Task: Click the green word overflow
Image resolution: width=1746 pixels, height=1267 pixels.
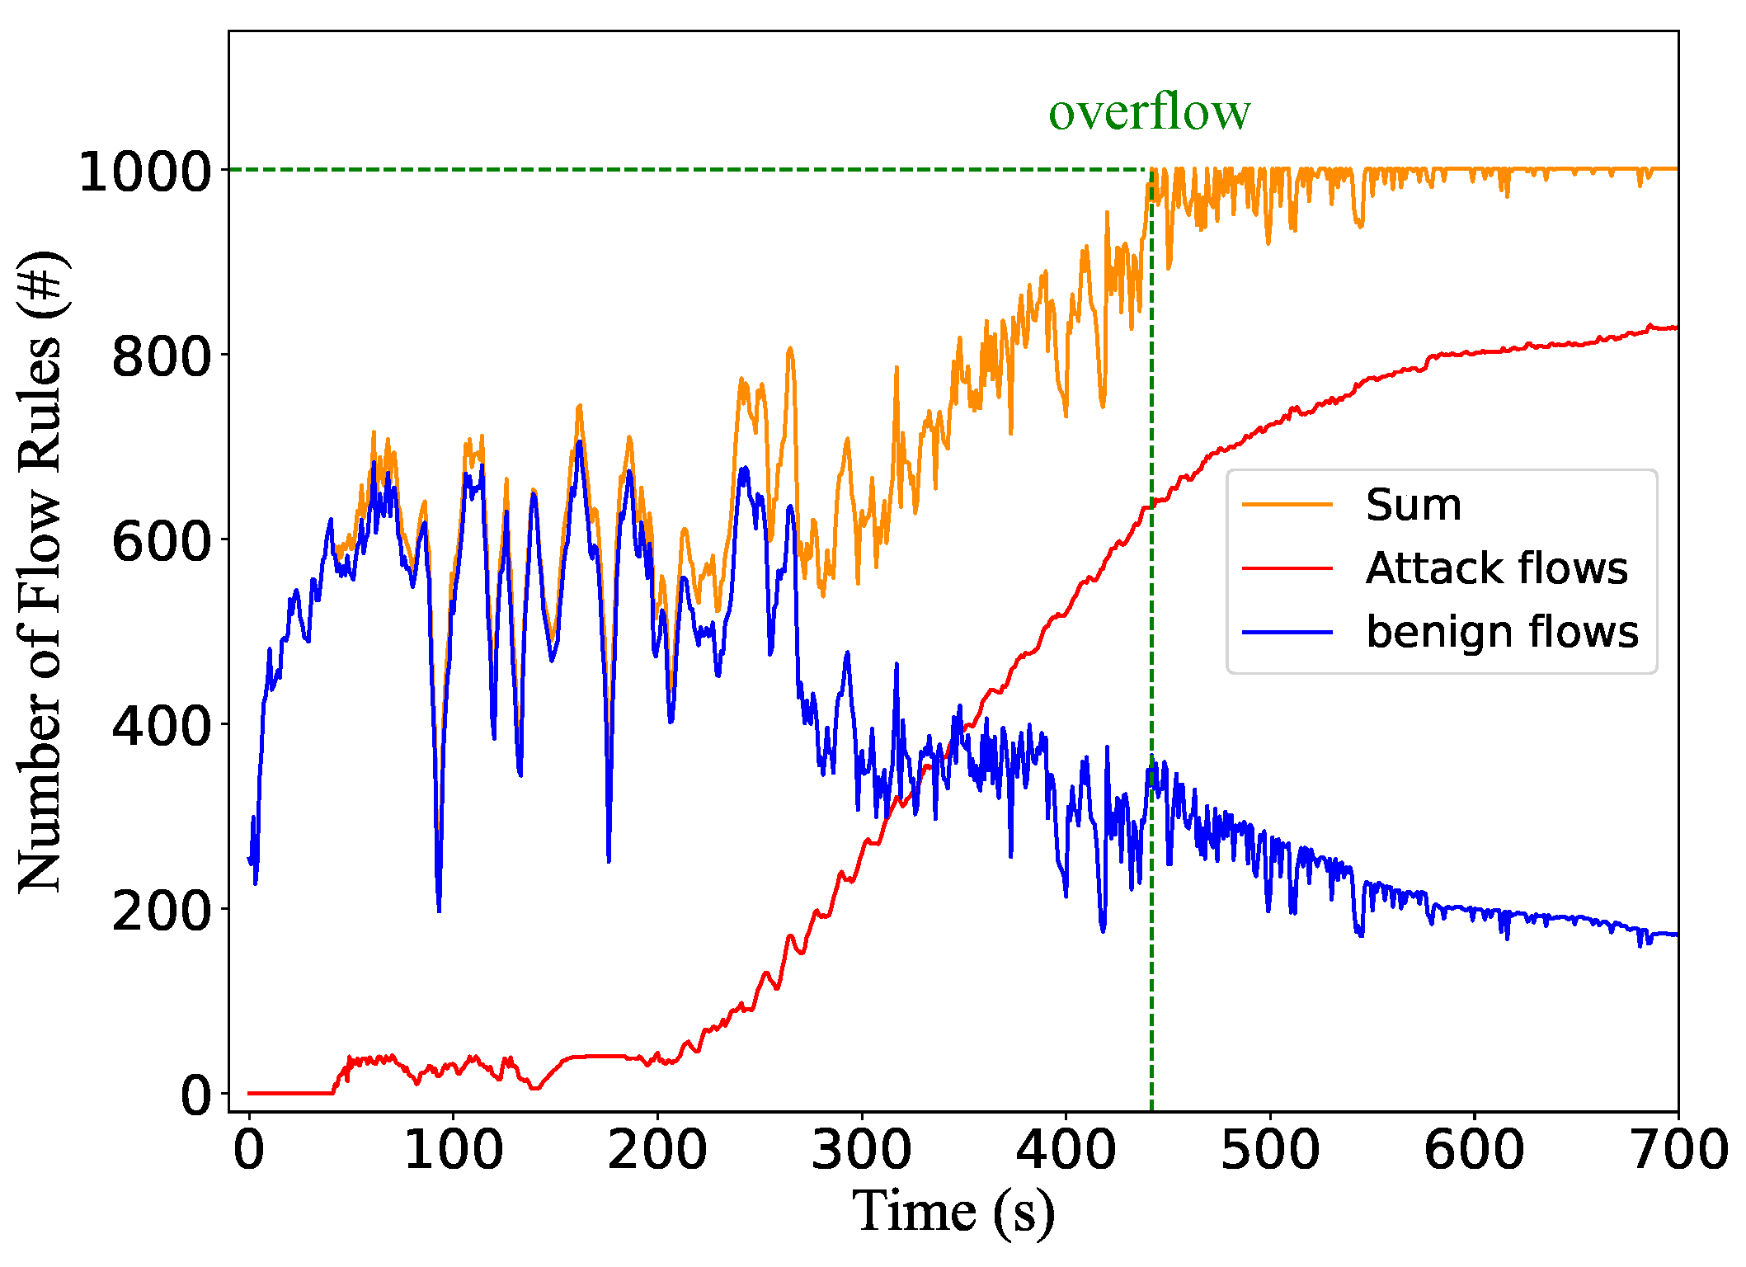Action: click(1149, 112)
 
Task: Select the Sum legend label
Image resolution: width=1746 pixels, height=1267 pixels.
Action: click(1413, 505)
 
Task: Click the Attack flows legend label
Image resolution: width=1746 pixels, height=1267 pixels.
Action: click(1496, 568)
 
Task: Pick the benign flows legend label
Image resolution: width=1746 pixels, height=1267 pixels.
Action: click(1502, 632)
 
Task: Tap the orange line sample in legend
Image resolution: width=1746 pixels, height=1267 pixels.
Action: click(1287, 505)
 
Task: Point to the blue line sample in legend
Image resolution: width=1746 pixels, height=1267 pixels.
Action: click(1287, 633)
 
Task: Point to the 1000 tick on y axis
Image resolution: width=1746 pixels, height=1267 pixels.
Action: click(145, 172)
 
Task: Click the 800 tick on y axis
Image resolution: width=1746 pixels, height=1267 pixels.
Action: click(162, 357)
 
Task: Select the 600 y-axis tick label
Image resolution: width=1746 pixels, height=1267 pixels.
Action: click(162, 542)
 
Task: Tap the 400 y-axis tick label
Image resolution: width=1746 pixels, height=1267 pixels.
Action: click(162, 727)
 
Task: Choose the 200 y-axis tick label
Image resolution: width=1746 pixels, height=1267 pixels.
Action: click(162, 911)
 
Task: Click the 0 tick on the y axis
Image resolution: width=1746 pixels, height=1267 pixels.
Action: click(196, 1096)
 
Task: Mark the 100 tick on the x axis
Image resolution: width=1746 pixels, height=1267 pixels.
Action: click(453, 1150)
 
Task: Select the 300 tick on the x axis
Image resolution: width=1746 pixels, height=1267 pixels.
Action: click(861, 1150)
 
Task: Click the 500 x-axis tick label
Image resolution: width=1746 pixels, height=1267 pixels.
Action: click(1269, 1150)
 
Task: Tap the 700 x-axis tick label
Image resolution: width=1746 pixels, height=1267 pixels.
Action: click(1679, 1150)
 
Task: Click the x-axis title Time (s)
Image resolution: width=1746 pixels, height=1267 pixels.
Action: click(953, 1213)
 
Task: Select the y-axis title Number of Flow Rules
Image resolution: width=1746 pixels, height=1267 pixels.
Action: click(41, 571)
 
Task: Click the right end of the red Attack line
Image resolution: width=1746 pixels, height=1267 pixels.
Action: click(1675, 328)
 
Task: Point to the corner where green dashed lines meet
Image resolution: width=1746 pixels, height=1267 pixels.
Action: click(1151, 170)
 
